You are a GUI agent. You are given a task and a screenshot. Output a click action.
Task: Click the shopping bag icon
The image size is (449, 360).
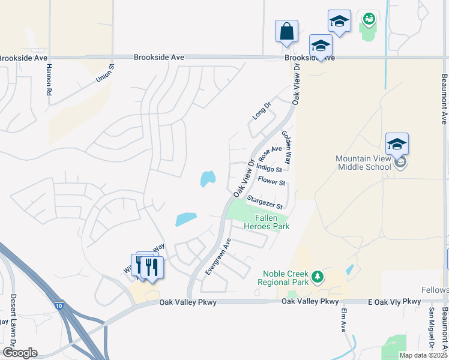pyautogui.click(x=287, y=31)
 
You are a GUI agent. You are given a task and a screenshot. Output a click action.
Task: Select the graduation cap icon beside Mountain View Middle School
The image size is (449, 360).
pyautogui.click(x=397, y=145)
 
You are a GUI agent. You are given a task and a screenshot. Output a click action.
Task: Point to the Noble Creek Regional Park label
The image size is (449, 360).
pyautogui.click(x=283, y=277)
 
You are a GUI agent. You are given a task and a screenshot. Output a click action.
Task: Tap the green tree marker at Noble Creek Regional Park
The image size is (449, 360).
pyautogui.click(x=317, y=277)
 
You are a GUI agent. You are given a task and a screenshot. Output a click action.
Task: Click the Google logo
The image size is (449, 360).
pyautogui.click(x=20, y=353)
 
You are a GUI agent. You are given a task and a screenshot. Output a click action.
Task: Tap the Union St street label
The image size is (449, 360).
pyautogui.click(x=104, y=74)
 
